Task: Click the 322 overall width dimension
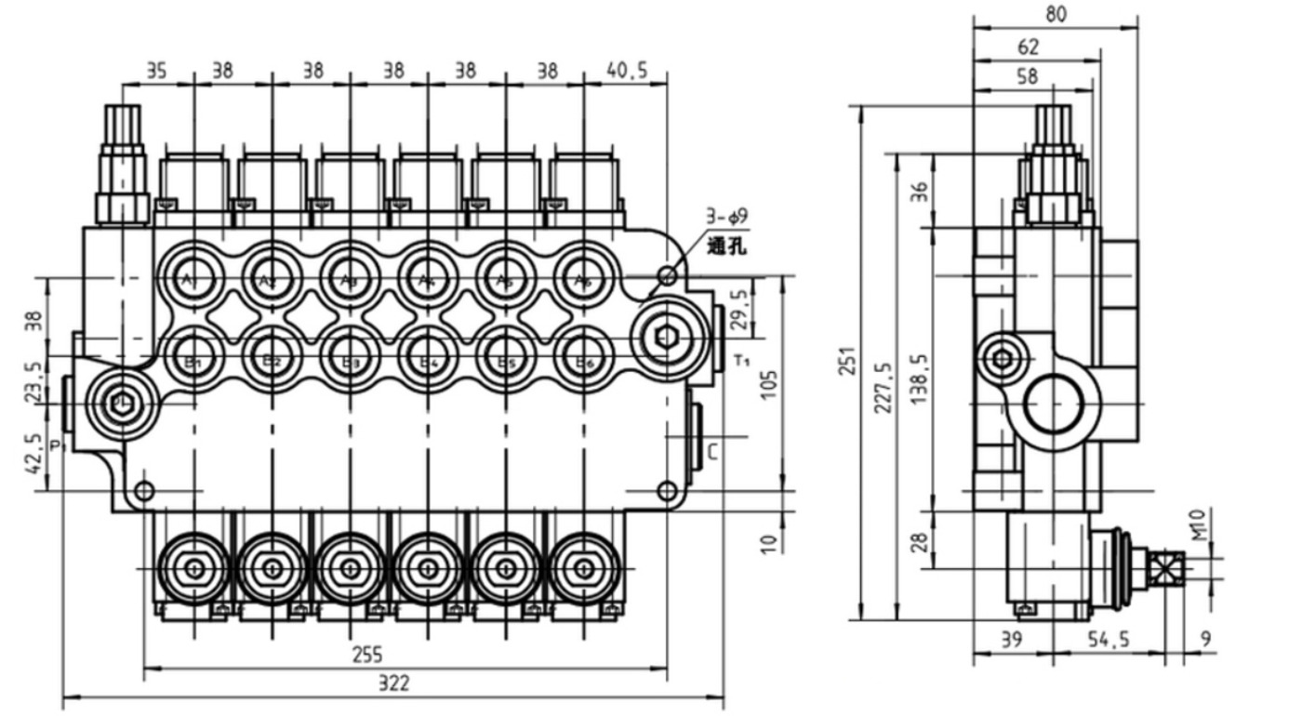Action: click(x=393, y=684)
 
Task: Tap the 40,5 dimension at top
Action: click(x=626, y=71)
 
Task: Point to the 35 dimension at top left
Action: click(x=157, y=71)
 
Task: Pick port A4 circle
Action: click(x=427, y=277)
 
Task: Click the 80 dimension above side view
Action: click(x=1056, y=13)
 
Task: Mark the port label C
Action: click(x=711, y=453)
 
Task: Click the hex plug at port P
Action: click(x=119, y=402)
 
